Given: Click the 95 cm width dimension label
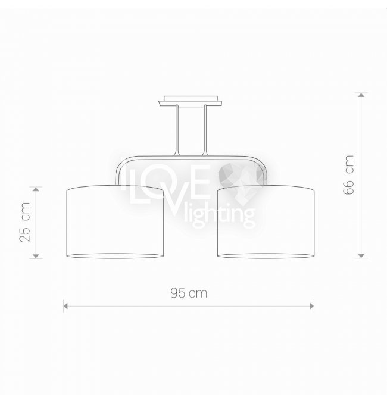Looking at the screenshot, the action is [189, 293].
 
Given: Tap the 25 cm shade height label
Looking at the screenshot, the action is [25, 222].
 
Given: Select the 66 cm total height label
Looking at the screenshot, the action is [349, 175].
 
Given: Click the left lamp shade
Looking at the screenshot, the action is [115, 221].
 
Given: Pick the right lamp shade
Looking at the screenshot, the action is [266, 221].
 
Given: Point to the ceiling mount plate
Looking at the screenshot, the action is [191, 101].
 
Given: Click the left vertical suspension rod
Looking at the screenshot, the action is [177, 130].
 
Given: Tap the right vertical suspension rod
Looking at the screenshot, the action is [205, 130].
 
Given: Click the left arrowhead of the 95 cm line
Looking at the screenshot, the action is [65, 306].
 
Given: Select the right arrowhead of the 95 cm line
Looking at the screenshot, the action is [312, 306].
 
